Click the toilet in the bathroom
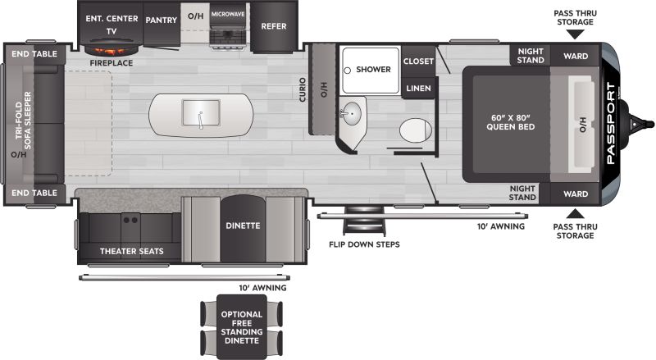(416, 130)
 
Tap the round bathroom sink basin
(353, 113)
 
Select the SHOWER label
(373, 70)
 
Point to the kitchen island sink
(201, 113)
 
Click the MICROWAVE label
(228, 14)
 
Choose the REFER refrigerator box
(274, 26)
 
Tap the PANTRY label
(161, 21)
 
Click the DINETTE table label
(243, 226)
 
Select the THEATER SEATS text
(131, 251)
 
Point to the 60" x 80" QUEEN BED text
(510, 122)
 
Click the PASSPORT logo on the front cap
(611, 124)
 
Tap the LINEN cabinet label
(418, 89)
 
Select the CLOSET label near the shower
(418, 62)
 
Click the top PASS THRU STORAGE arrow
(576, 34)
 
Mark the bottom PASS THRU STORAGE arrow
(576, 214)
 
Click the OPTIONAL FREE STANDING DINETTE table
(242, 327)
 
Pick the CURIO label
(302, 89)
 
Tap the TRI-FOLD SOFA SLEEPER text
(24, 121)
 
